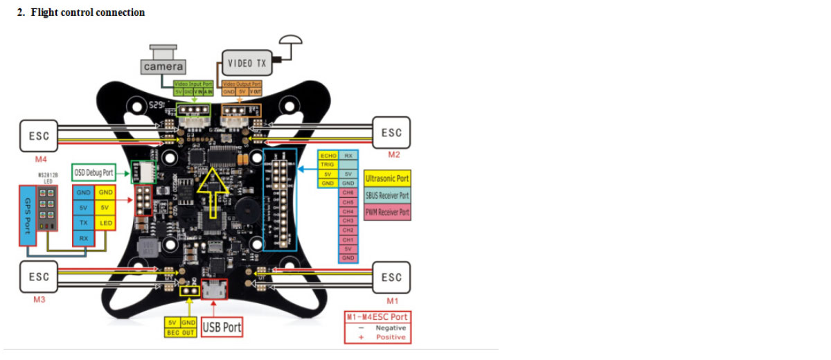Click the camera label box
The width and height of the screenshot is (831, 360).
point(164,66)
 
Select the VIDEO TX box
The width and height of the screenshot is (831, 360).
point(247,63)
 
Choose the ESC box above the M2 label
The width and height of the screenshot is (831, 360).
point(391,132)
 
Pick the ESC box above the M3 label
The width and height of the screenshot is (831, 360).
point(38,276)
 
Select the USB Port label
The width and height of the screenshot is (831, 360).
point(222,327)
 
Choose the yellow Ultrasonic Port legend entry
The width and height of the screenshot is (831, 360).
point(387,179)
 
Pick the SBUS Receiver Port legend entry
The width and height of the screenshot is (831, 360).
point(387,195)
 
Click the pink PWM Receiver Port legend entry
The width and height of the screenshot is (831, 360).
point(387,212)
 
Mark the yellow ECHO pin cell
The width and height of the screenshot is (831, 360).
point(328,156)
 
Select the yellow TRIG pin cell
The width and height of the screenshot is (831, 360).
point(328,165)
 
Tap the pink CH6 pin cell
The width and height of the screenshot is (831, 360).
point(348,192)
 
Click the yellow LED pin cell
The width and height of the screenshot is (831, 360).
point(106,223)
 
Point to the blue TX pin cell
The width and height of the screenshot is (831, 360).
point(83,223)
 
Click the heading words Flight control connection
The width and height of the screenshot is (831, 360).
point(88,12)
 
